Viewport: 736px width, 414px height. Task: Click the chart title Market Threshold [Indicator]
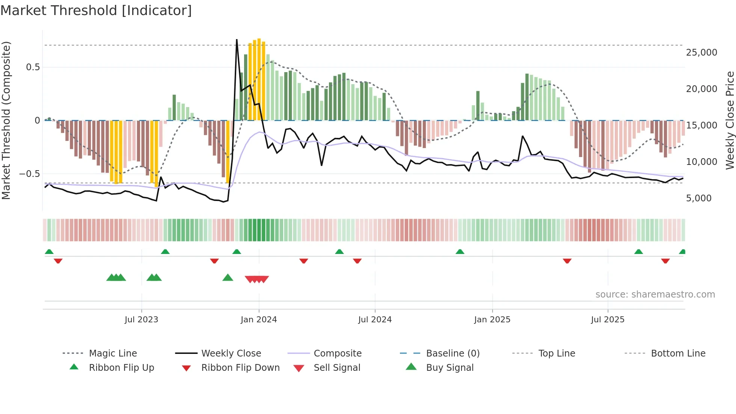click(96, 11)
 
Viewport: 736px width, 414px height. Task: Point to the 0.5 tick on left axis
click(33, 67)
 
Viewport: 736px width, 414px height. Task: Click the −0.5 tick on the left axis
click(30, 174)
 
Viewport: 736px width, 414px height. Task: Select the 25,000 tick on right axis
click(701, 53)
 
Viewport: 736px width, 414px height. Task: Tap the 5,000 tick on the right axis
click(698, 198)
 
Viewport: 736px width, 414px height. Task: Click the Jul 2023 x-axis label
click(141, 320)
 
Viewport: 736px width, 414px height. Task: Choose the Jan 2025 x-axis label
click(492, 320)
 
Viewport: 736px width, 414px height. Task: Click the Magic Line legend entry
click(113, 354)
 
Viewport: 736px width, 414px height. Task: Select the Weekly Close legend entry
click(231, 354)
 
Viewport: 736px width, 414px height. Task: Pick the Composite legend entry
click(337, 354)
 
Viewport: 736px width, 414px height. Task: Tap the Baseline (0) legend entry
click(452, 354)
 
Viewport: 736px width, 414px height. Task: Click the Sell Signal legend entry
click(337, 368)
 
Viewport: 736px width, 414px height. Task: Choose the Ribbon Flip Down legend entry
click(240, 368)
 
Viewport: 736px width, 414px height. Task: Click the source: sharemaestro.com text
click(655, 295)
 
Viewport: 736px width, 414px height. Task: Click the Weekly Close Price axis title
click(730, 120)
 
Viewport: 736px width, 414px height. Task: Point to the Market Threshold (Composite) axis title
click(6, 120)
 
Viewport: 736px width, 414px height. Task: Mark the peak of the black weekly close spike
click(237, 39)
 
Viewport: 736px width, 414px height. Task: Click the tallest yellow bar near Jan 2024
click(259, 79)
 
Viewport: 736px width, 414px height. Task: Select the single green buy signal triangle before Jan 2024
click(228, 278)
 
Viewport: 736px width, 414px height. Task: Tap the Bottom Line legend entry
click(678, 354)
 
